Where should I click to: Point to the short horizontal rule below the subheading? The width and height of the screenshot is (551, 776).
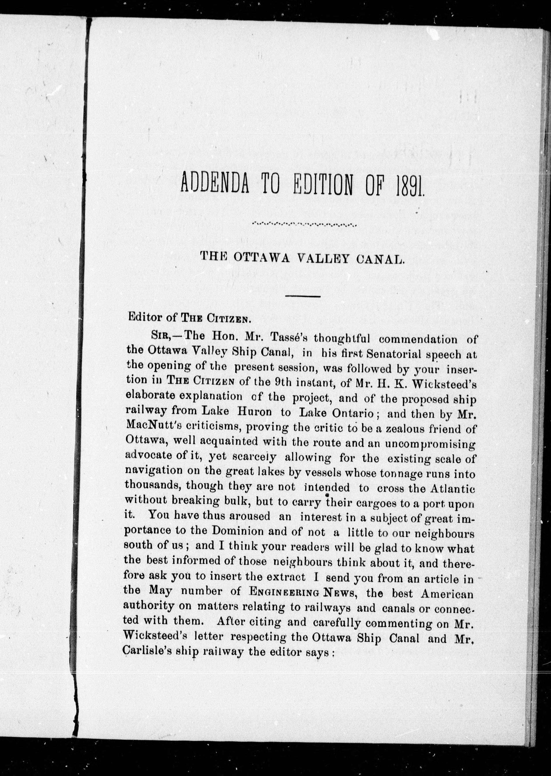(303, 296)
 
